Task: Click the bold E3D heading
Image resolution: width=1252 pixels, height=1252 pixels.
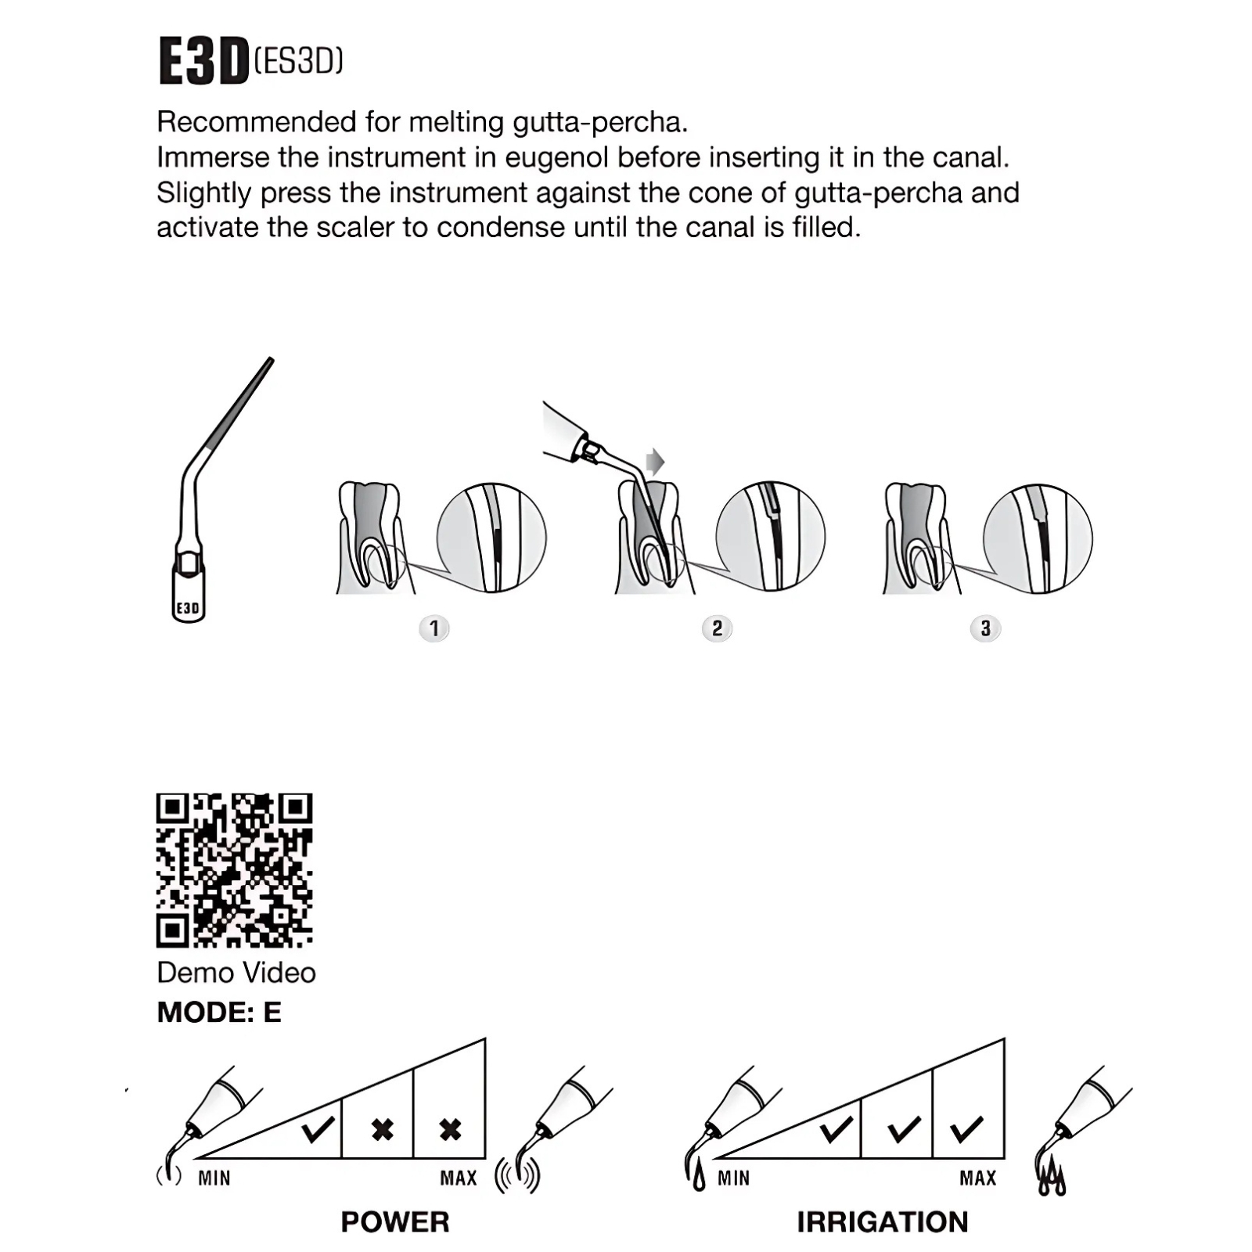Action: click(x=203, y=61)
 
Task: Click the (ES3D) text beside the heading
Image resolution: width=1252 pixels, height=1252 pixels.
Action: click(x=299, y=60)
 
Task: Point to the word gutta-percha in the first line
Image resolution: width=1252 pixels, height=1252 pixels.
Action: click(x=600, y=122)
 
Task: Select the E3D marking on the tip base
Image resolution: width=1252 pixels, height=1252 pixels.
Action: click(x=188, y=608)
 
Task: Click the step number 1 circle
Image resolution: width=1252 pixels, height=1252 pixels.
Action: click(x=434, y=628)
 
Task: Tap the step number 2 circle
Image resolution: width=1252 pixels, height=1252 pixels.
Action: click(x=717, y=628)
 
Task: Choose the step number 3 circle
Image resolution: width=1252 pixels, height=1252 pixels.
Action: click(x=985, y=628)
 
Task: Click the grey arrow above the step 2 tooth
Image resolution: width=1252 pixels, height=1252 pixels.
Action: click(x=654, y=462)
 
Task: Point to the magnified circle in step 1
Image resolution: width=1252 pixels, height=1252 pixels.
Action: click(x=491, y=538)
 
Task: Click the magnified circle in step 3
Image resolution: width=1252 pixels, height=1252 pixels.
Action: click(x=1038, y=538)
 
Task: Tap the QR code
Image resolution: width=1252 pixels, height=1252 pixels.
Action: click(x=235, y=870)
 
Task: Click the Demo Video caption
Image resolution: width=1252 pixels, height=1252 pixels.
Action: click(x=236, y=973)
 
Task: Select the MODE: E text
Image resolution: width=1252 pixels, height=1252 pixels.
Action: click(x=219, y=1013)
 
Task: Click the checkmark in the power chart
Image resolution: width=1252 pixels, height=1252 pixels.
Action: click(x=318, y=1129)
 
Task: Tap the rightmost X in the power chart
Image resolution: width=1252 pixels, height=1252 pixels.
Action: click(x=450, y=1130)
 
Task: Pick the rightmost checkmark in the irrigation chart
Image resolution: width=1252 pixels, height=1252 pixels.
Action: click(x=966, y=1129)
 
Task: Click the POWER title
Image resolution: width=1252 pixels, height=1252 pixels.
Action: click(x=395, y=1222)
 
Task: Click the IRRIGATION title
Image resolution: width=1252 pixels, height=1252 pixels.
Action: click(x=883, y=1222)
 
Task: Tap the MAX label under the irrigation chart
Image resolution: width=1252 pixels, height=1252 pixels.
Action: click(x=978, y=1178)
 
